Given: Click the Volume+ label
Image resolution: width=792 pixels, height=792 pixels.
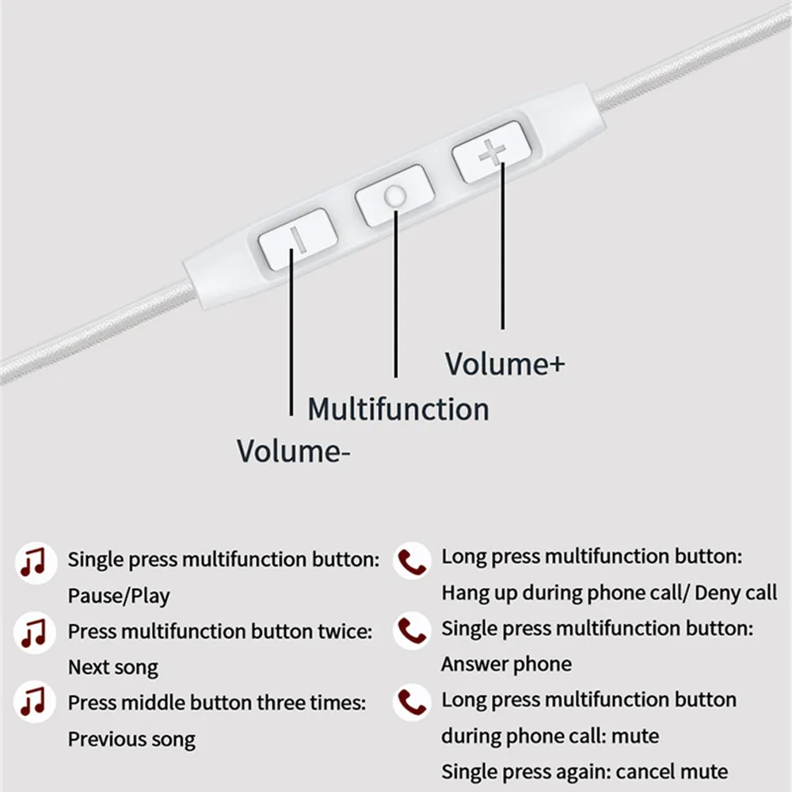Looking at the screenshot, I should [505, 364].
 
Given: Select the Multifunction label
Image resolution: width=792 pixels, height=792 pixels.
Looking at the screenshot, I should [398, 409].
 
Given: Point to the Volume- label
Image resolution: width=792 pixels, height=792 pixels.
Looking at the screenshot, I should [294, 451].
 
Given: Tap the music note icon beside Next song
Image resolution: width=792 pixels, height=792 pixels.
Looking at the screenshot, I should [34, 633].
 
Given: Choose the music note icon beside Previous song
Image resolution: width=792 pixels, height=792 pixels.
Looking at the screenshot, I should [34, 702].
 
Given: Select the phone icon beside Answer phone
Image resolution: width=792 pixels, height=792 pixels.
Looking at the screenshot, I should [411, 631].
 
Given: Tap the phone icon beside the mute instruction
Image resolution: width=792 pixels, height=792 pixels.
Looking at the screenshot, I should [411, 702].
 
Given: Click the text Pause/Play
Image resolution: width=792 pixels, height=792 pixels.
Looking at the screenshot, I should [119, 596].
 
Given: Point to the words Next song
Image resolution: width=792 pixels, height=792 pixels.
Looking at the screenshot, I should [112, 667].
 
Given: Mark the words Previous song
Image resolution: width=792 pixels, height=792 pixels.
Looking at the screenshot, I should [131, 739].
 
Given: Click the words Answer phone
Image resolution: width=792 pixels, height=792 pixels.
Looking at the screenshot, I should [506, 664].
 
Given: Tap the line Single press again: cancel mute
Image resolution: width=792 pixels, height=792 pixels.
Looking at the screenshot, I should [584, 771].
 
